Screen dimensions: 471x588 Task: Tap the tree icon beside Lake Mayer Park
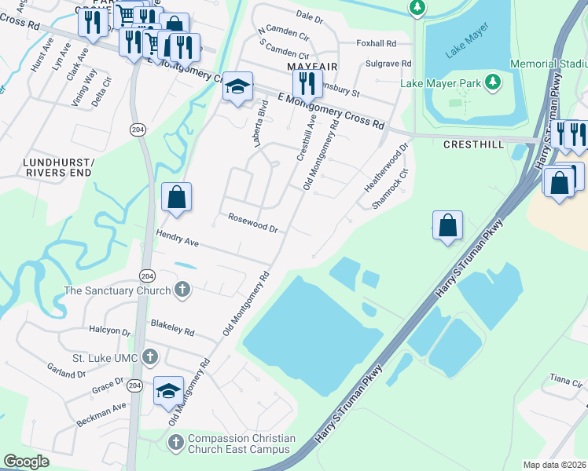coord(493,82)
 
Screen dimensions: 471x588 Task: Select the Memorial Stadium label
coord(549,63)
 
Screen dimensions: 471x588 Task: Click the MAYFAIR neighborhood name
coord(307,66)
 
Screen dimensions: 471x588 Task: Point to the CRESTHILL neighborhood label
coord(473,144)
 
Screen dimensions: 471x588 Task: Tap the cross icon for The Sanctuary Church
coord(182,290)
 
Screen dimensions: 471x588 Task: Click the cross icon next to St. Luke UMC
coord(149,358)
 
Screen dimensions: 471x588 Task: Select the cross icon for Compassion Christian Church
coord(176,444)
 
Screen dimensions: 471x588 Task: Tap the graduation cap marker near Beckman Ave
coord(168,392)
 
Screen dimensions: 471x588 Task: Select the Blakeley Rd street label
coord(172,327)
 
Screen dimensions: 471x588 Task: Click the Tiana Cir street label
coord(565,380)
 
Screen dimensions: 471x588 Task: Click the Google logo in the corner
coord(26,462)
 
